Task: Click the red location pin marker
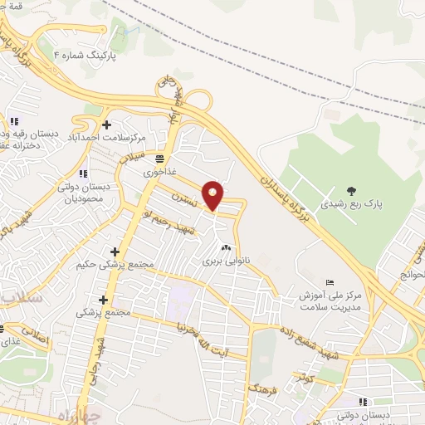(x=213, y=195)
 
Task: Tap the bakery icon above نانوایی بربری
(x=225, y=247)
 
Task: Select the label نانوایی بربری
(x=224, y=261)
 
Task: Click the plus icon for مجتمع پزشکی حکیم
(x=115, y=252)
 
